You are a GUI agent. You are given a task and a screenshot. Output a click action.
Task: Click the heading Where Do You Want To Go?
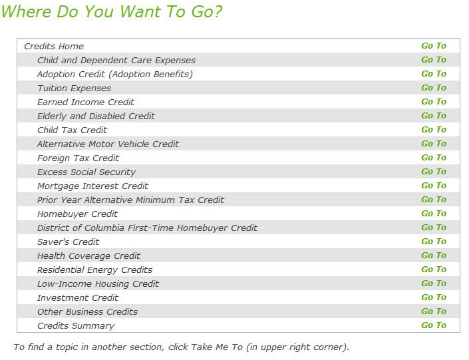[x=112, y=12]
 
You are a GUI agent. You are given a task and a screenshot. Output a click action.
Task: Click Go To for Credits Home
[x=433, y=46]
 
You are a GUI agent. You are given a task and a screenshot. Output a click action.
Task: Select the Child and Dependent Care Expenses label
[x=116, y=60]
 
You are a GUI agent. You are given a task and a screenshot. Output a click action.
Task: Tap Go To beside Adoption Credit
[x=433, y=74]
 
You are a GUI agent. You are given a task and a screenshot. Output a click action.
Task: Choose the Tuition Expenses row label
[x=74, y=88]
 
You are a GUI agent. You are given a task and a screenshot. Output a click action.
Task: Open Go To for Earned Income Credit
[x=433, y=102]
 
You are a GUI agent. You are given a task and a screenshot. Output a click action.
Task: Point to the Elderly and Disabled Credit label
[x=96, y=116]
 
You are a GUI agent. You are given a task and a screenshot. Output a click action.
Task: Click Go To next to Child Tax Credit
[x=433, y=130]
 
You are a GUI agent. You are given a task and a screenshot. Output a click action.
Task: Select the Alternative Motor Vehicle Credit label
[x=108, y=144]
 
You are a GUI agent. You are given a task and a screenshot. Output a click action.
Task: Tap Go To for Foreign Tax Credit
[x=433, y=158]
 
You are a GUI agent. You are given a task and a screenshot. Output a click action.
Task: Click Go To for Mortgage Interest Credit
[x=433, y=186]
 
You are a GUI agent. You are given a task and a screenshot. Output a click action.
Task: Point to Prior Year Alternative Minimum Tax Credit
[x=130, y=200]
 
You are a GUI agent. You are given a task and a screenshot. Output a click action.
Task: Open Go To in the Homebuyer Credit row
[x=433, y=214]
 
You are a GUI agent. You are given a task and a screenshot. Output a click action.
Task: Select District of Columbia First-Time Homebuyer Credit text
[x=147, y=228]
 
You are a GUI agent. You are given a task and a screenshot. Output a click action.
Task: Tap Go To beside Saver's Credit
[x=433, y=242]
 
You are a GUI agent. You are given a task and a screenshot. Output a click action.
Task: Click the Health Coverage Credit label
[x=88, y=256]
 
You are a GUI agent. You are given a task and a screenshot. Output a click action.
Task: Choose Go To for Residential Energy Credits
[x=433, y=270]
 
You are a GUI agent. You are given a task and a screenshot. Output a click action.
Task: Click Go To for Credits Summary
[x=433, y=325]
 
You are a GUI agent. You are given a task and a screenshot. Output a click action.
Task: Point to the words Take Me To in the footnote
[x=217, y=347]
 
